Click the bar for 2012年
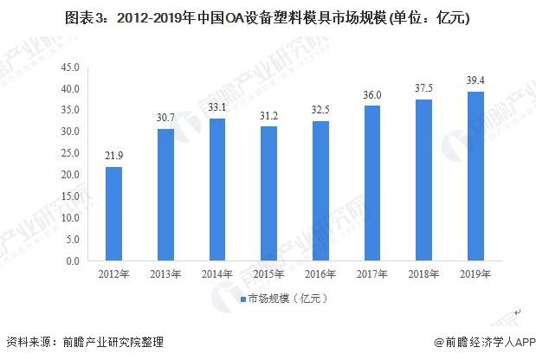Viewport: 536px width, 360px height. pos(113,214)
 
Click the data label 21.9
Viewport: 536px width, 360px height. pos(113,156)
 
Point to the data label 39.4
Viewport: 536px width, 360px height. pos(475,80)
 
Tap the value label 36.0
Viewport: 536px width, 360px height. pos(371,95)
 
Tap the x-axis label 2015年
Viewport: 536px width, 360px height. pos(268,275)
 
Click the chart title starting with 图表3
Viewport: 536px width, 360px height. pos(268,16)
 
